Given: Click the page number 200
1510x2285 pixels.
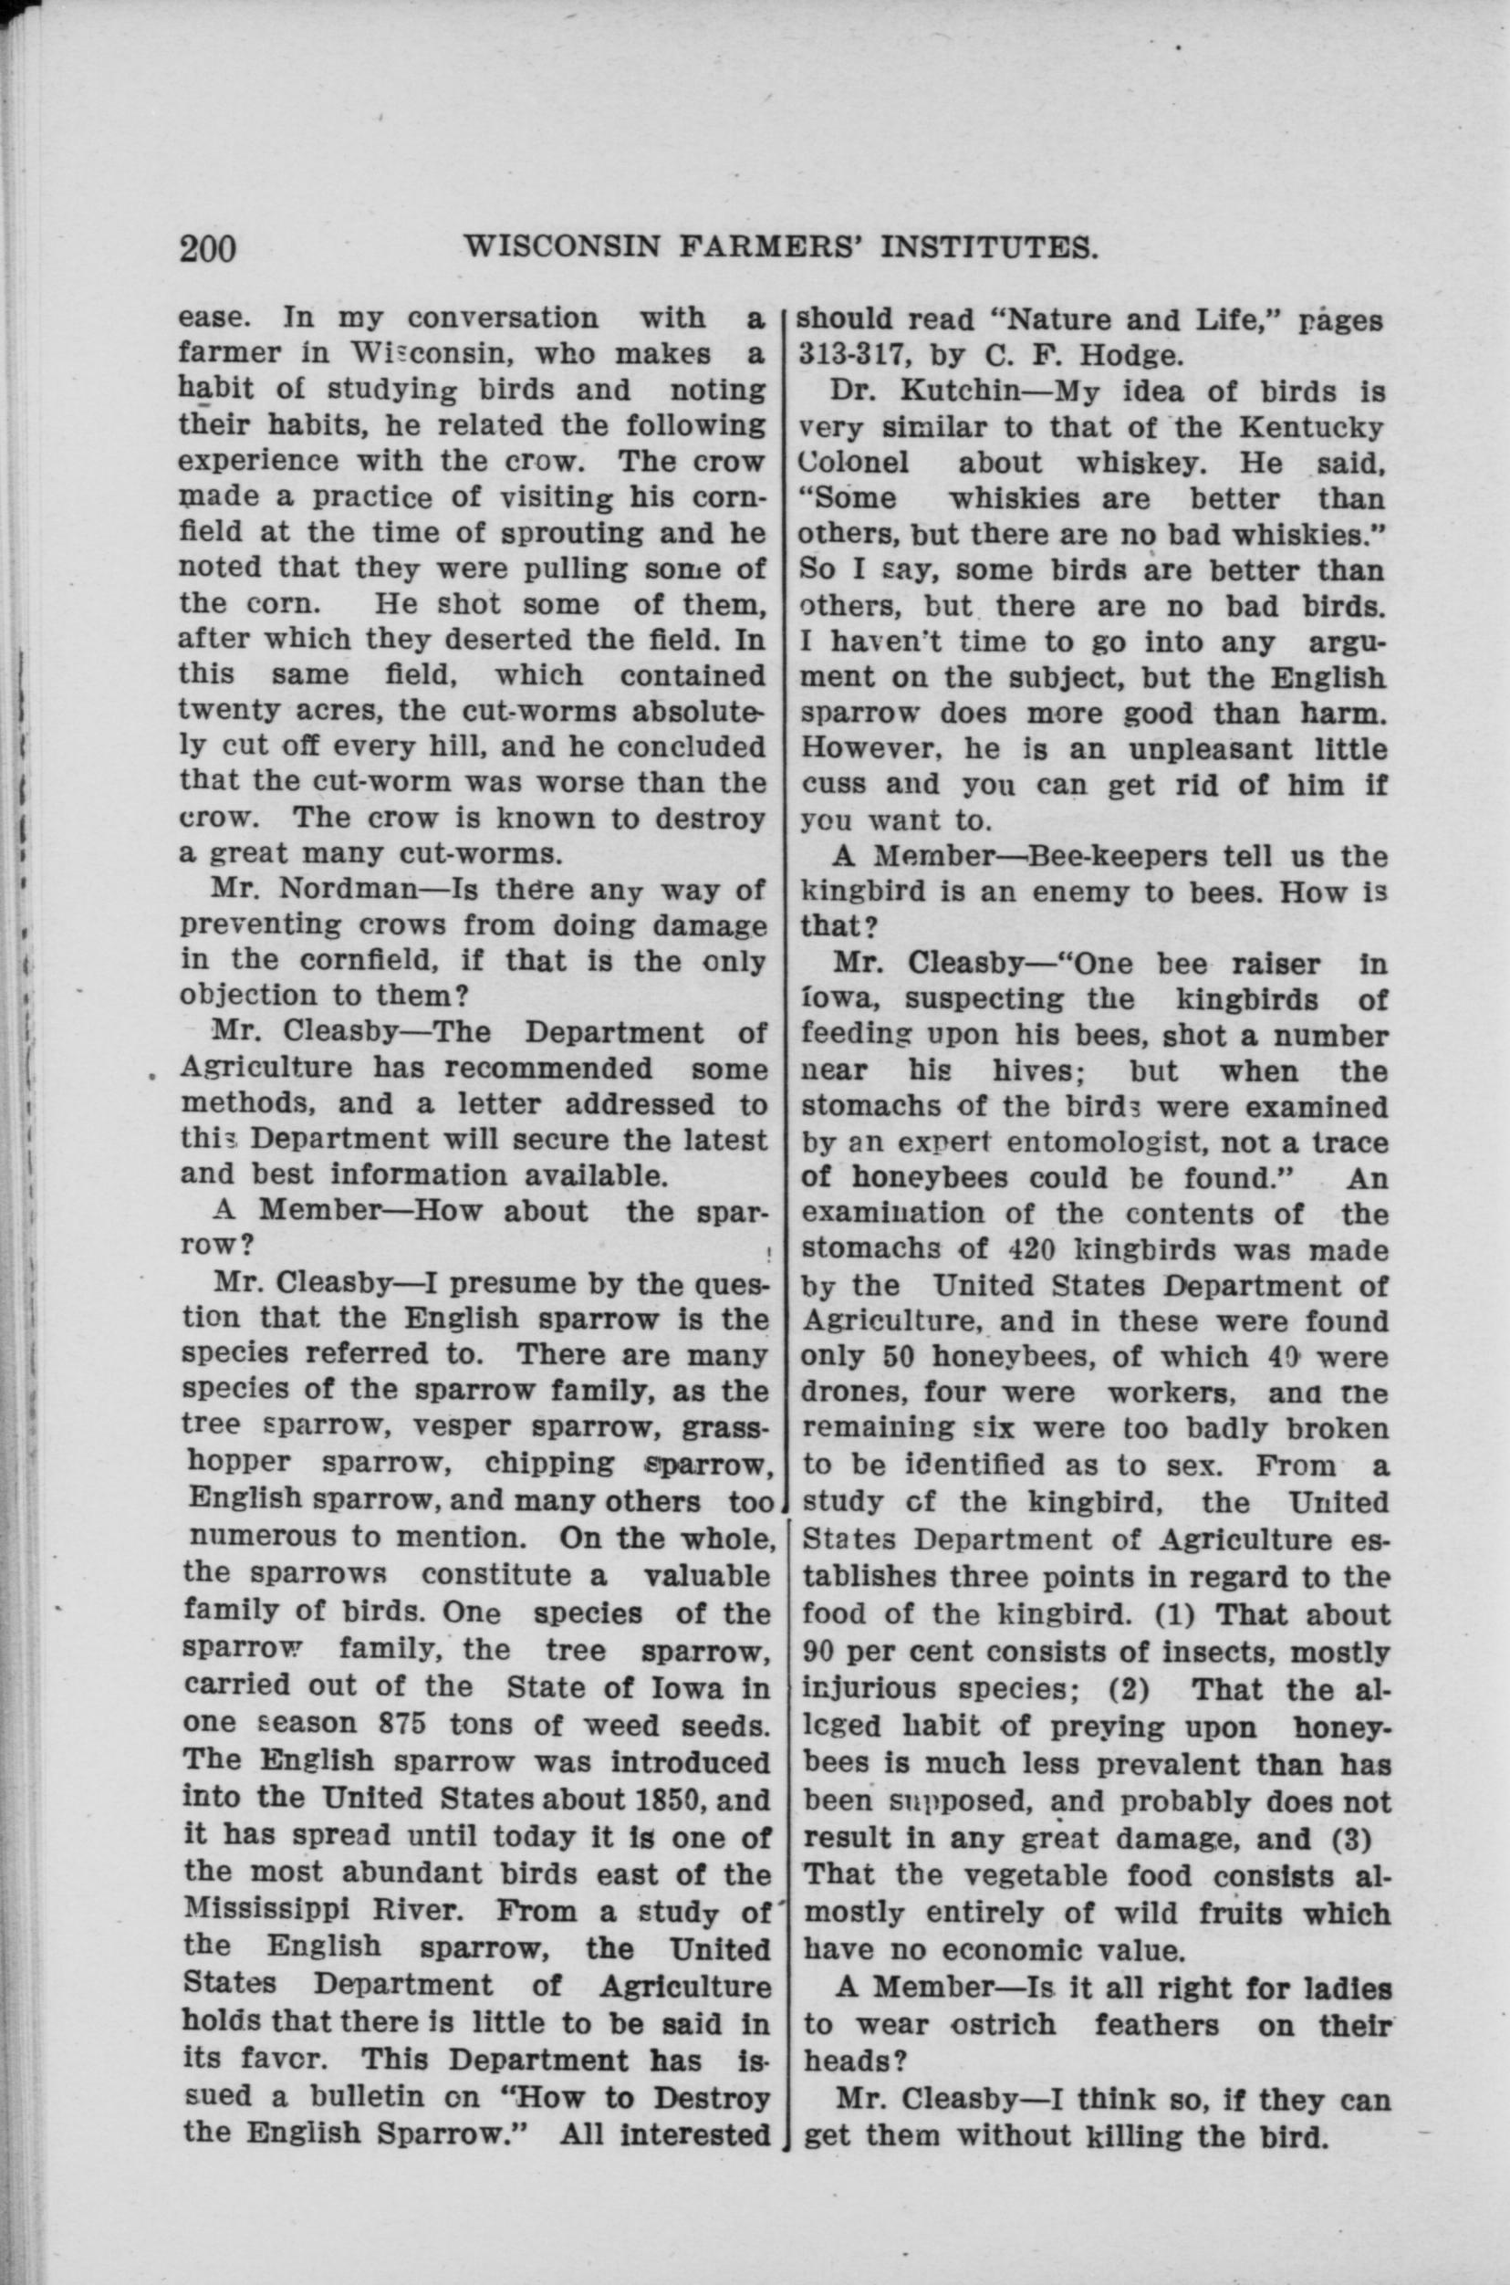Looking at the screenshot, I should coord(207,248).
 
